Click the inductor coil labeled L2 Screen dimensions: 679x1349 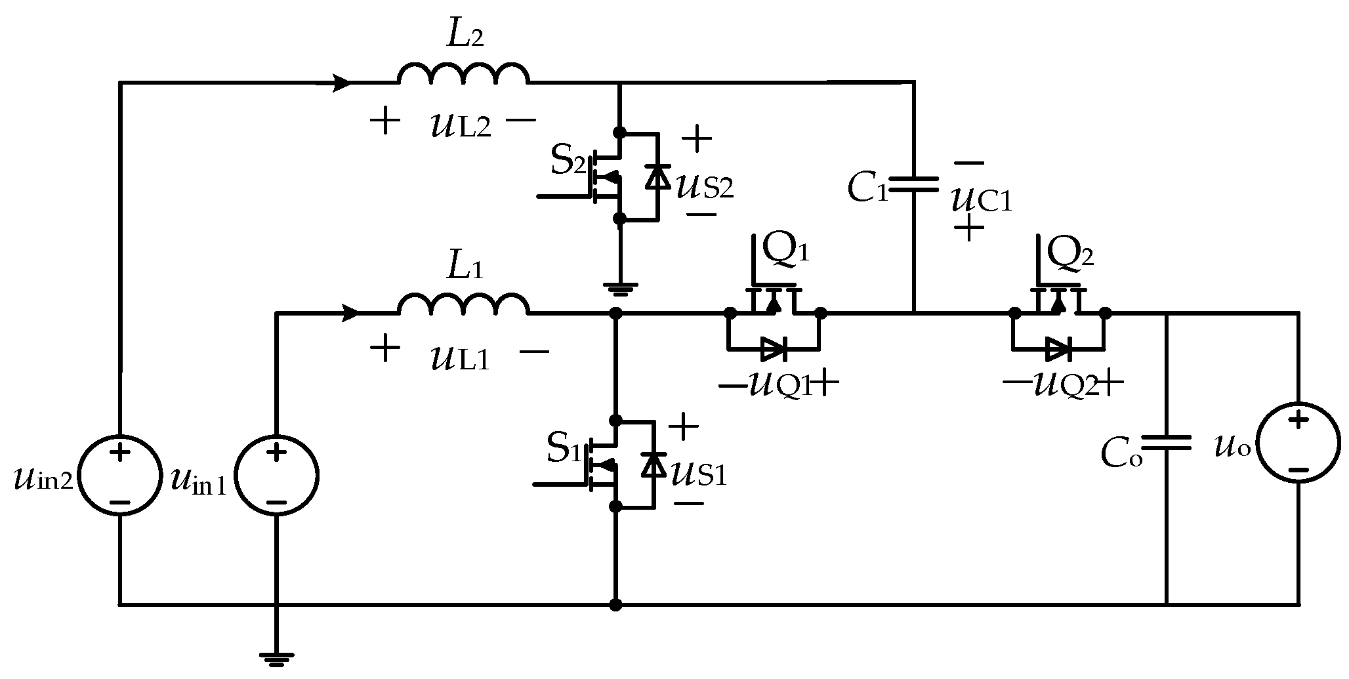click(463, 73)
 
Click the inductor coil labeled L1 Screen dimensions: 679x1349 click(463, 305)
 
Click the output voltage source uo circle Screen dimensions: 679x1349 click(1298, 444)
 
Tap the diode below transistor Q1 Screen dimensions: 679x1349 click(774, 350)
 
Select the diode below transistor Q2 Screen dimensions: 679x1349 click(1058, 350)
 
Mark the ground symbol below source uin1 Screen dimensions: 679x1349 click(276, 658)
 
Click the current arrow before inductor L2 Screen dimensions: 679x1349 click(342, 83)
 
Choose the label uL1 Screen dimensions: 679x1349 click(461, 358)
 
